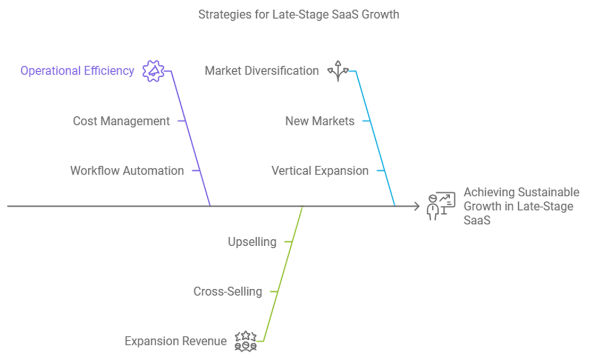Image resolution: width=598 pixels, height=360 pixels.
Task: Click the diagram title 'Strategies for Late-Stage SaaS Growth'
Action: (x=298, y=14)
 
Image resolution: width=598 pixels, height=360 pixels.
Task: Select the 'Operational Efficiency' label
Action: (x=77, y=71)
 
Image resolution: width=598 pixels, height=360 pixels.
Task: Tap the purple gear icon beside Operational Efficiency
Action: (x=153, y=71)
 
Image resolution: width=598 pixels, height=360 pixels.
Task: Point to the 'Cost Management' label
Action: (x=121, y=121)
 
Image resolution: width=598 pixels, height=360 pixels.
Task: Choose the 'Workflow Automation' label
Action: (x=127, y=171)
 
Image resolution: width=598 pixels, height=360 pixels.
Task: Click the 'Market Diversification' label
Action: (x=262, y=71)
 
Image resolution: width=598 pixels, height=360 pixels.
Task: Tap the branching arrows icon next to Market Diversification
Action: (x=338, y=71)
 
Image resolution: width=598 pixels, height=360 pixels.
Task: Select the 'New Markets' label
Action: (x=319, y=121)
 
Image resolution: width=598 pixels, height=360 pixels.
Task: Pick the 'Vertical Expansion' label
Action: (x=319, y=171)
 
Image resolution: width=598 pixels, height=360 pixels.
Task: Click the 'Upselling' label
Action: (x=252, y=242)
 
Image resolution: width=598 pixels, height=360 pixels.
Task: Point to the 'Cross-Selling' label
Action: (x=228, y=291)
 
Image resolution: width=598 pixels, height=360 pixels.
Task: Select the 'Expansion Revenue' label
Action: (x=175, y=341)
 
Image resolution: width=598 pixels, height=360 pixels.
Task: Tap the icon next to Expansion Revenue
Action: (x=246, y=341)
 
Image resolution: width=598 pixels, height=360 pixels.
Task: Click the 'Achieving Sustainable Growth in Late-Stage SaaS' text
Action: (x=521, y=206)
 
